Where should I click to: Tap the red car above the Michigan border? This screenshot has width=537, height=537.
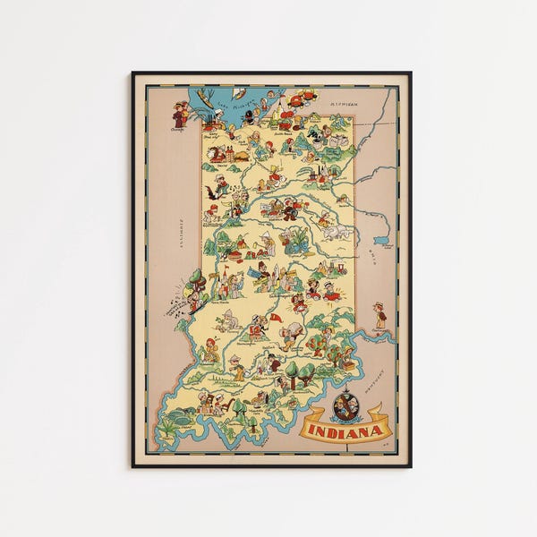tap(307, 94)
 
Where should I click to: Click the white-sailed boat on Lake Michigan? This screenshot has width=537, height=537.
tap(239, 93)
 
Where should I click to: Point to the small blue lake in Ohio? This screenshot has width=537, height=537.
tap(382, 240)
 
